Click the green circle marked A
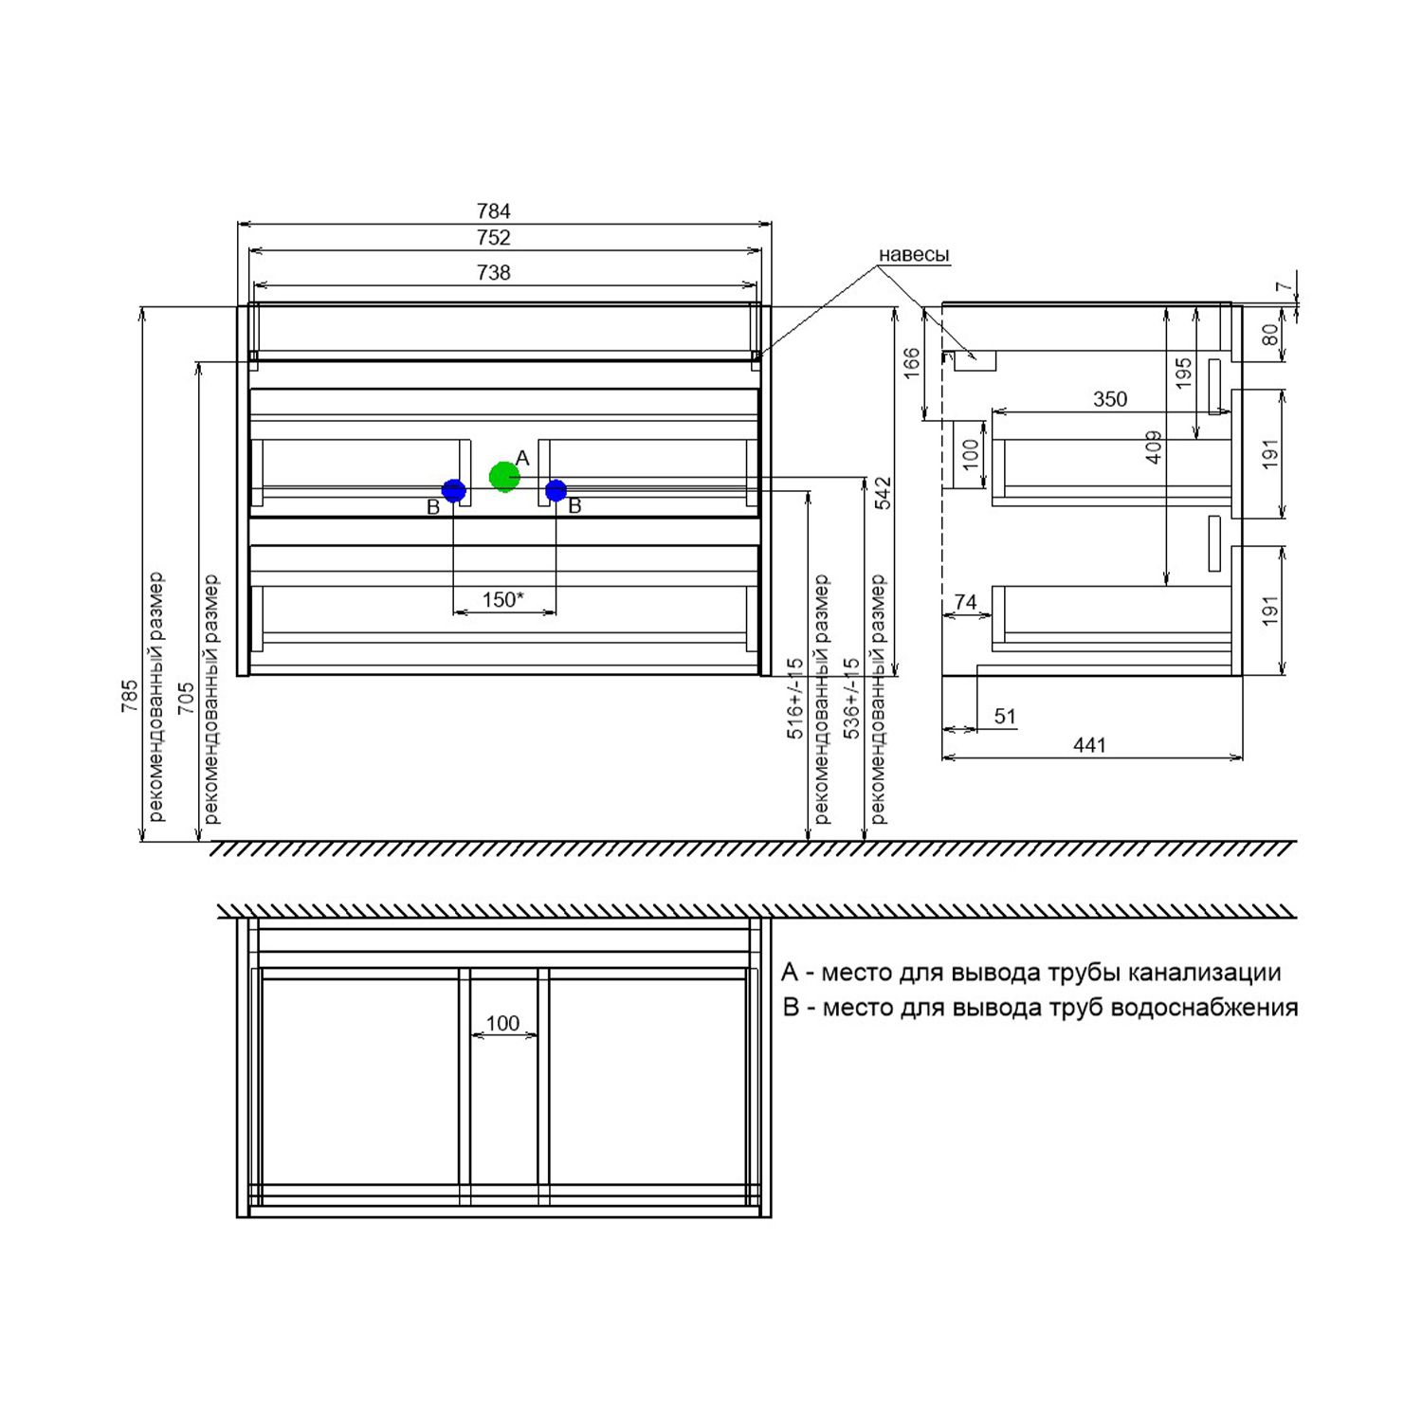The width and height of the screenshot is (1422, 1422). (504, 476)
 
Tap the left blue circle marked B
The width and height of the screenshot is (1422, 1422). (454, 491)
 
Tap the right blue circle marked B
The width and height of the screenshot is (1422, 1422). (556, 491)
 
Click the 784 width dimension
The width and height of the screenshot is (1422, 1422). (494, 211)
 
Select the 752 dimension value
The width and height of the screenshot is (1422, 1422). (494, 238)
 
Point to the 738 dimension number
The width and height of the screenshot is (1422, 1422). (494, 273)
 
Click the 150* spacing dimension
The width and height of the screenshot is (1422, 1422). (502, 600)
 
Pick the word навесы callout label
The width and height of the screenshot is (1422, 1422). (914, 255)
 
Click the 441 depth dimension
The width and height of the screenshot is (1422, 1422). (1090, 745)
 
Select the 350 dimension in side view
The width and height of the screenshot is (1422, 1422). (1110, 399)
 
